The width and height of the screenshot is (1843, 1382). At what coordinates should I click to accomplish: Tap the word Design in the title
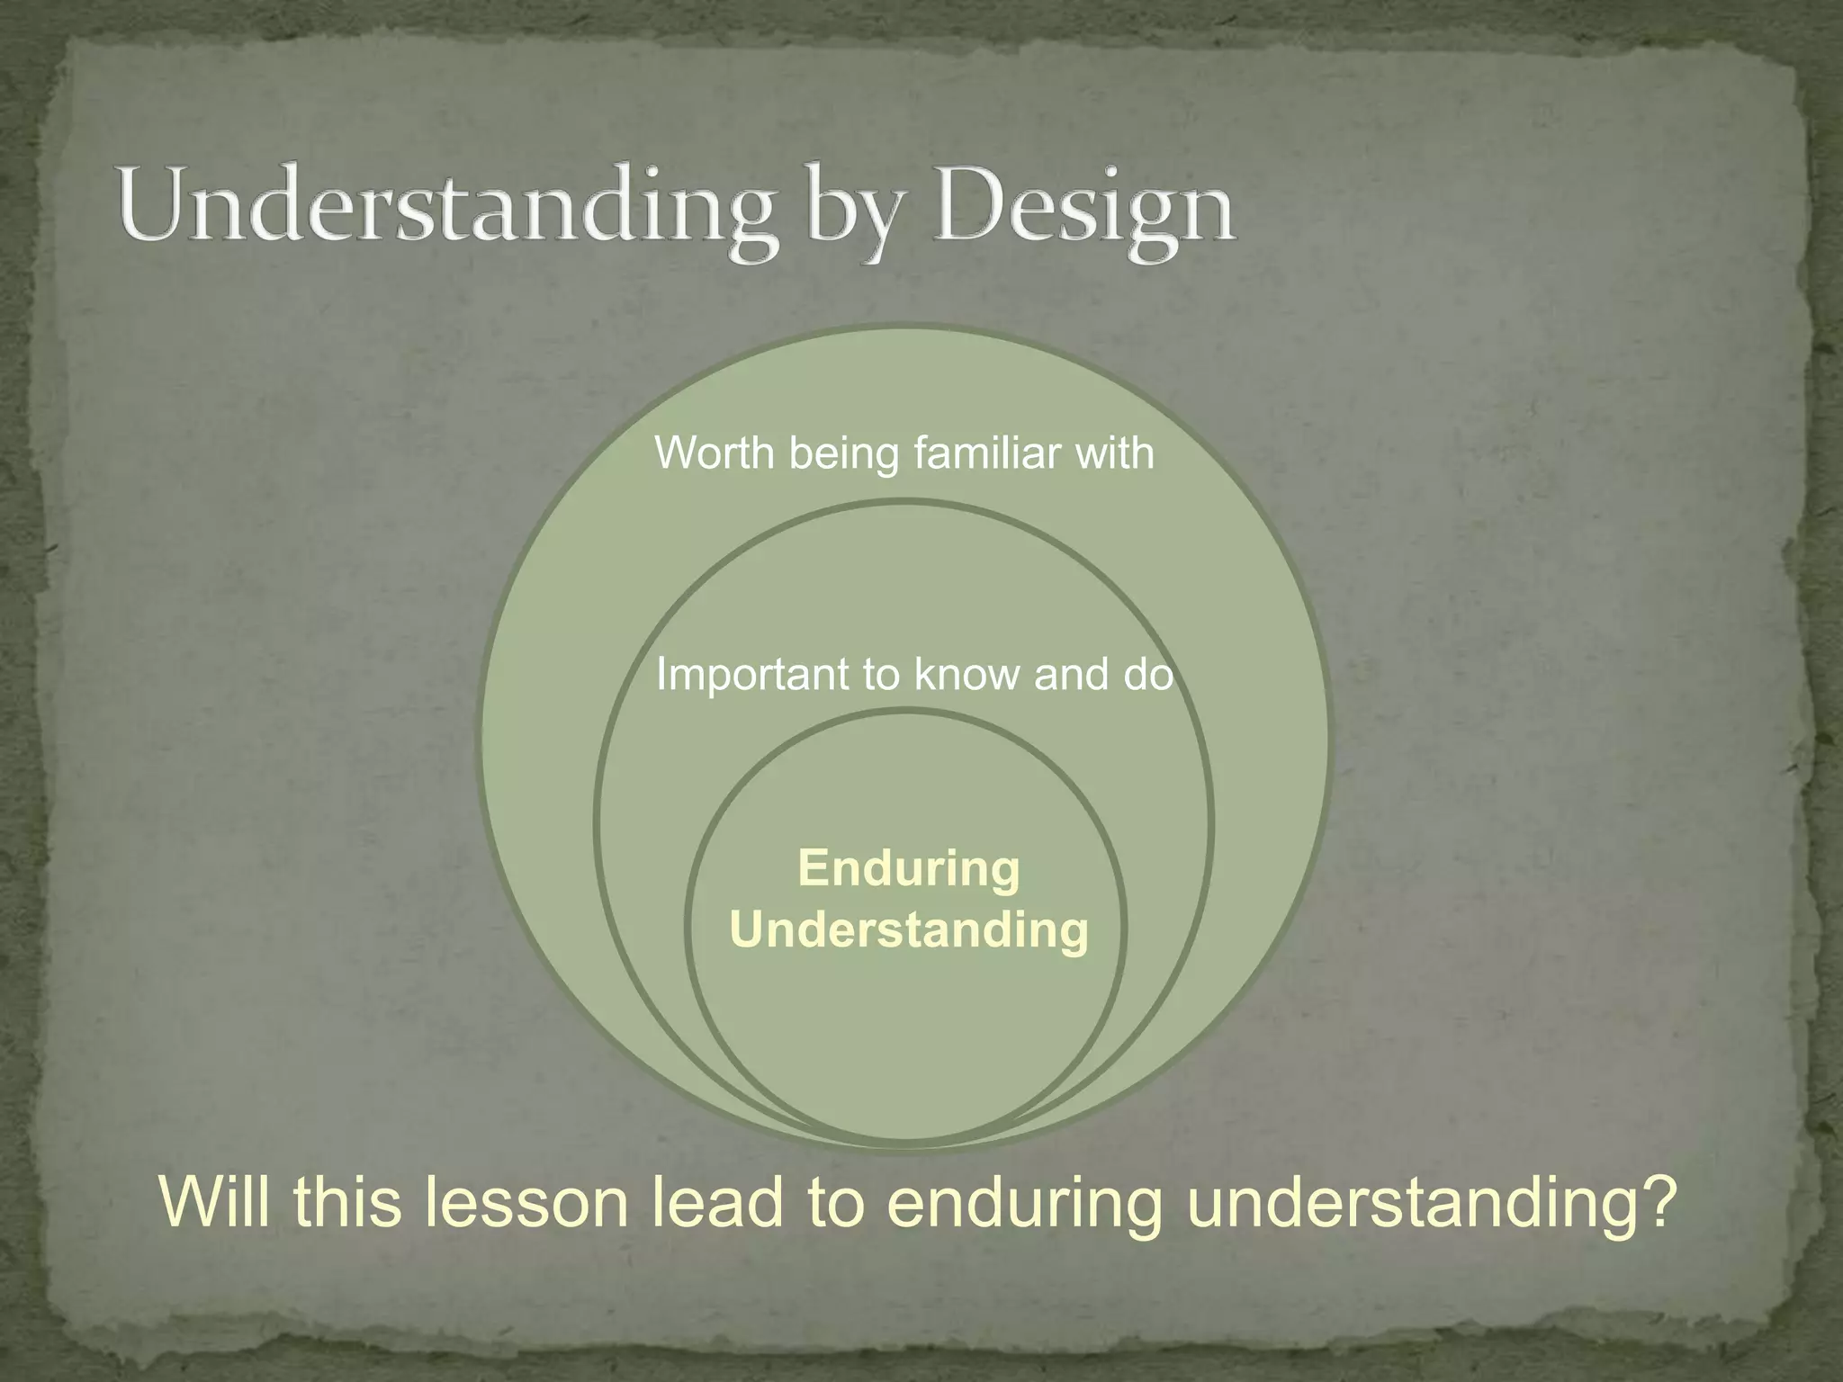pyautogui.click(x=1083, y=209)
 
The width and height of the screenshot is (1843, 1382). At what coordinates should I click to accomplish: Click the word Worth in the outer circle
pyautogui.click(x=715, y=452)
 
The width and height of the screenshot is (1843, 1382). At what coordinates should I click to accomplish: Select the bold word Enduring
pyautogui.click(x=909, y=869)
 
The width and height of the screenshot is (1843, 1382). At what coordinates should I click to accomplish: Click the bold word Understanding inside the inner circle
pyautogui.click(x=909, y=929)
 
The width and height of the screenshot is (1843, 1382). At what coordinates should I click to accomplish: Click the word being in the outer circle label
pyautogui.click(x=843, y=453)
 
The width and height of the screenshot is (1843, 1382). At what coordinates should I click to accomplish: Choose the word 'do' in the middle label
pyautogui.click(x=1147, y=675)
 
